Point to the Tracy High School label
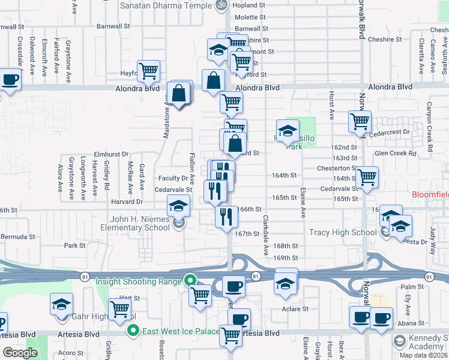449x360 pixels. point(343,232)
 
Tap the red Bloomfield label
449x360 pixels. point(430,195)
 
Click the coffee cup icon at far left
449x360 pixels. point(10,79)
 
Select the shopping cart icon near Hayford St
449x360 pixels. point(148,71)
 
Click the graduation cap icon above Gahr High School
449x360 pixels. point(61,305)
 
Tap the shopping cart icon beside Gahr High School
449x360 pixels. point(121,309)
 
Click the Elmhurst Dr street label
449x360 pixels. point(111,154)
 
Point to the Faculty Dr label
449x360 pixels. point(173,178)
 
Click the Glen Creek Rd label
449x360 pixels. point(395,154)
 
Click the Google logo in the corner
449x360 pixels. point(20,353)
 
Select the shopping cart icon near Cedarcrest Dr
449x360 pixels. point(360,121)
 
